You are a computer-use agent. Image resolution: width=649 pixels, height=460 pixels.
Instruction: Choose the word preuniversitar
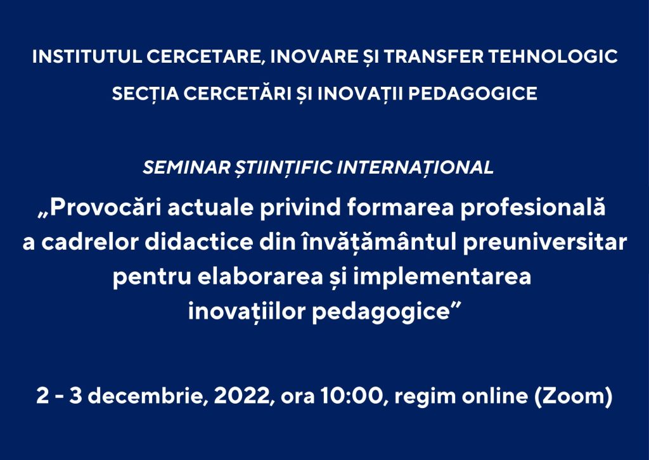(x=545, y=243)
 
